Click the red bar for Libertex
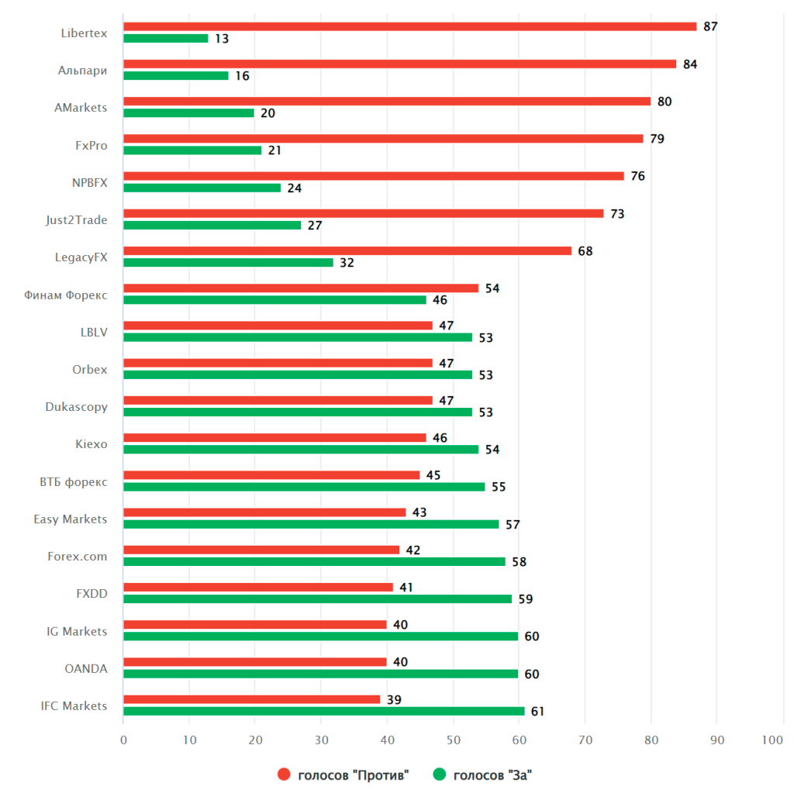click(409, 26)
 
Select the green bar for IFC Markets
click(323, 711)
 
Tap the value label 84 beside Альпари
click(690, 64)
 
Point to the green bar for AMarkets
click(188, 113)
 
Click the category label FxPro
click(91, 145)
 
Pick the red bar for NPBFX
click(373, 176)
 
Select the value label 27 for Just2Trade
click(315, 226)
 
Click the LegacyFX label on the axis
click(81, 257)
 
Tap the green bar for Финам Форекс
click(274, 300)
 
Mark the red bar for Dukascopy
click(278, 400)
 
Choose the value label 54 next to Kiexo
click(492, 450)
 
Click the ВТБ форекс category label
click(73, 481)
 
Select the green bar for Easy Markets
click(311, 524)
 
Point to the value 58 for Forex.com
click(519, 562)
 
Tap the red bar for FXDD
click(257, 587)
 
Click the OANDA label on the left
click(85, 668)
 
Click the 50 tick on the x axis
click(454, 740)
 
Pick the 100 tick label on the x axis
click(772, 740)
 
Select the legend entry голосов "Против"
click(353, 774)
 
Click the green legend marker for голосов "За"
click(440, 774)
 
